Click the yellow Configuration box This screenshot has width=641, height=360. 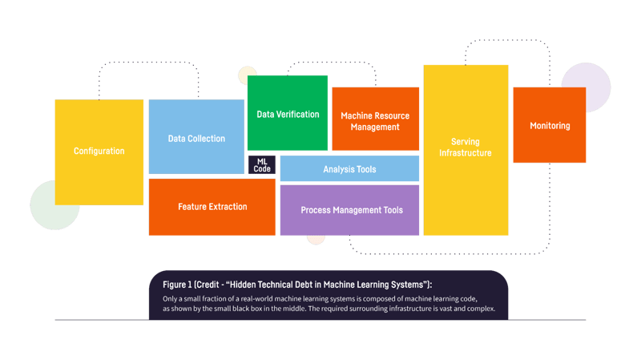(x=99, y=152)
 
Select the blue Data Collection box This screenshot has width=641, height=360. (x=196, y=137)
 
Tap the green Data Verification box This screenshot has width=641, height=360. (x=288, y=113)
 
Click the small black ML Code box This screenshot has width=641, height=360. (x=262, y=165)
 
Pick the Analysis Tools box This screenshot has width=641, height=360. (x=349, y=169)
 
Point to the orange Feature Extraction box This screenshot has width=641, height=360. (x=212, y=207)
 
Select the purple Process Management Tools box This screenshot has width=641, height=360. (x=349, y=210)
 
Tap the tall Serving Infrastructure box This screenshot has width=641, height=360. (x=466, y=150)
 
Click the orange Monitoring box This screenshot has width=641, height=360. (x=549, y=125)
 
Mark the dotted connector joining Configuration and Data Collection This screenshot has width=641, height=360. (x=148, y=62)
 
